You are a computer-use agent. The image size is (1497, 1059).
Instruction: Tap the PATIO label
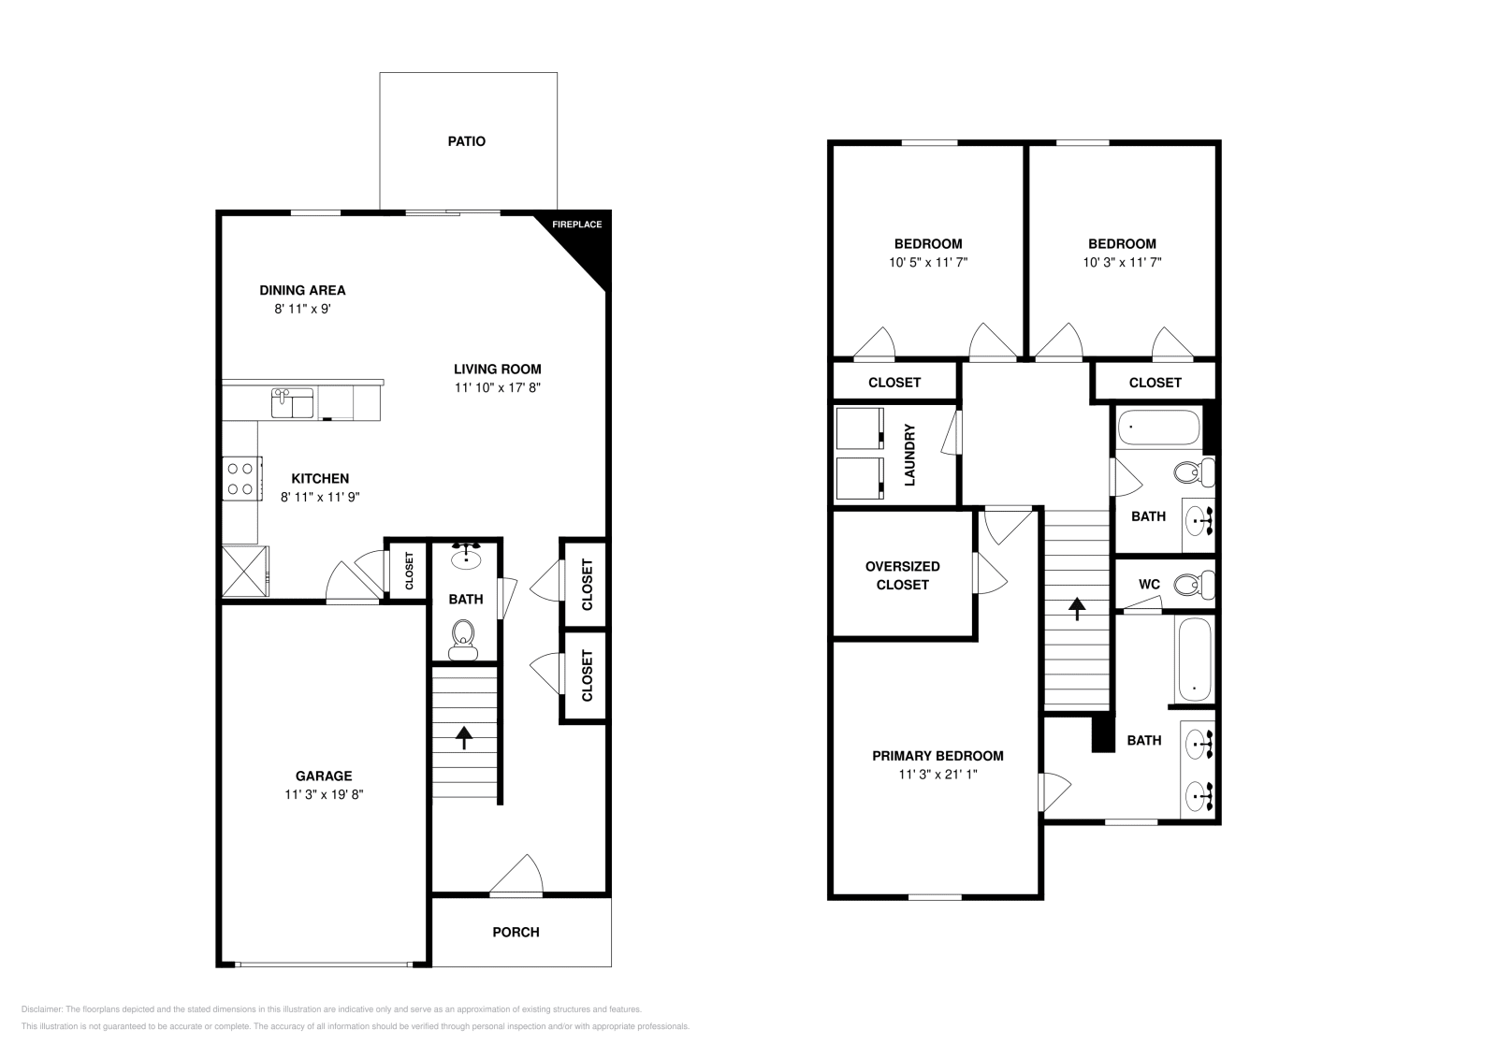coord(466,141)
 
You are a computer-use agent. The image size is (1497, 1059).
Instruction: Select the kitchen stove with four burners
coord(240,478)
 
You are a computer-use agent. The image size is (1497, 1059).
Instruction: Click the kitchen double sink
coord(293,403)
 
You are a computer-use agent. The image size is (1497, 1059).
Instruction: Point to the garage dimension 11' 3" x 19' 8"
coord(324,794)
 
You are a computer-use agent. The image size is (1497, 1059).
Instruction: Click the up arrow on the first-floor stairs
coord(463,736)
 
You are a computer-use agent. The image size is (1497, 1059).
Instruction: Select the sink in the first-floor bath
coord(465,558)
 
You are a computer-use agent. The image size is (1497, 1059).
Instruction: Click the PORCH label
coord(516,932)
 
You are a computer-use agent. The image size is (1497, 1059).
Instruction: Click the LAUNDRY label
coord(909,455)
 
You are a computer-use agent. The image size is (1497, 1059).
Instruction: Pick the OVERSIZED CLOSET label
coord(902,575)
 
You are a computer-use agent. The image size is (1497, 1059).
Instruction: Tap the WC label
coord(1149,584)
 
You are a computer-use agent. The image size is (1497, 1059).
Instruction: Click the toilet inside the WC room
coord(1191,586)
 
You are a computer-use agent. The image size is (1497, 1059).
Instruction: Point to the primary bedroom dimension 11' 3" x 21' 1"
coord(937,775)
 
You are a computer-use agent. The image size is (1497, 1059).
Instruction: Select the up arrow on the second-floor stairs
coord(1077,608)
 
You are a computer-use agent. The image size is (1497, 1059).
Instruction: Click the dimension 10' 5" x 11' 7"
coord(927,263)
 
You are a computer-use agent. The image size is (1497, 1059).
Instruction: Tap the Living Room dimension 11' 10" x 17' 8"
coord(498,387)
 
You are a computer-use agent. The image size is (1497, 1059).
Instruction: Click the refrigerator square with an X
coord(244,570)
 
